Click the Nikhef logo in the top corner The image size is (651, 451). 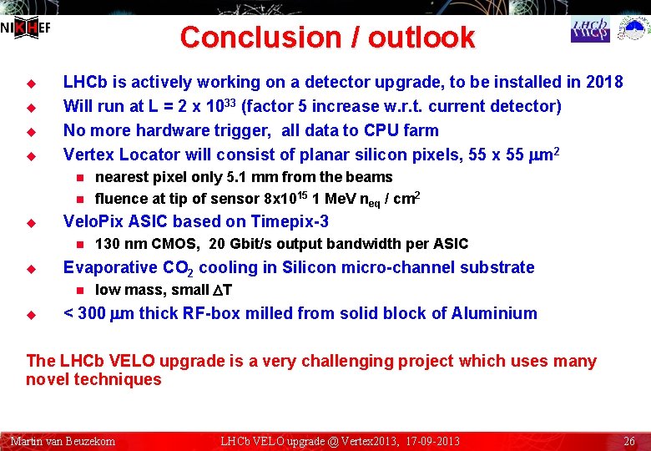25,28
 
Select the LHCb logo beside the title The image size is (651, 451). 590,30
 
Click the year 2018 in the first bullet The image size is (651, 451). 604,82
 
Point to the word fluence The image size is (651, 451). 120,198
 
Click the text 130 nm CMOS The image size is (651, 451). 146,244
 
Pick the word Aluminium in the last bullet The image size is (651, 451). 494,313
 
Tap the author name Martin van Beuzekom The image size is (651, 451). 63,441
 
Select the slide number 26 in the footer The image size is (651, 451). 630,441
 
